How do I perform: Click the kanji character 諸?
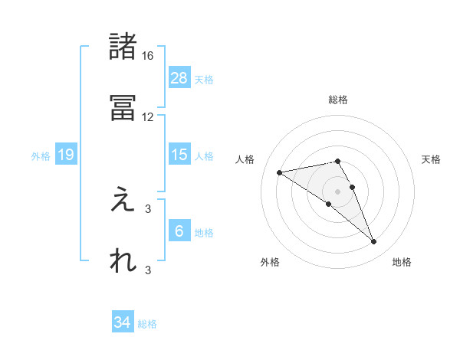click(123, 47)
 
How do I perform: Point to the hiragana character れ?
click(123, 260)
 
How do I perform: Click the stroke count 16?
click(148, 56)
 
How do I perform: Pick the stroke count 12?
click(148, 116)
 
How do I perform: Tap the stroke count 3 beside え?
click(148, 208)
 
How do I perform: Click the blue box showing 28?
click(179, 78)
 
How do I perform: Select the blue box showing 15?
click(179, 155)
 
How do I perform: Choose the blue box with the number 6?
click(179, 231)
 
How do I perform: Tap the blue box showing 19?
click(66, 155)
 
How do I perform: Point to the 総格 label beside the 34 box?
click(147, 324)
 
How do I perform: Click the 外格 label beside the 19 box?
click(41, 155)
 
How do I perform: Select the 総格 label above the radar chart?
click(338, 100)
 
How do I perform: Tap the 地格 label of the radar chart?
click(402, 262)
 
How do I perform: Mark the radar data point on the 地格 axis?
click(374, 242)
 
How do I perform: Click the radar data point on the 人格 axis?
click(280, 172)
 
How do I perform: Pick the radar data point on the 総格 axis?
click(337, 161)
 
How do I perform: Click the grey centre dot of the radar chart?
click(337, 191)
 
